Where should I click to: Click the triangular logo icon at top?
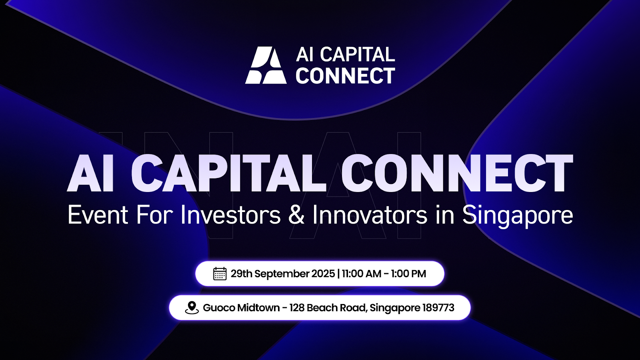pyautogui.click(x=266, y=65)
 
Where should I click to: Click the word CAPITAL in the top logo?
pyautogui.click(x=357, y=54)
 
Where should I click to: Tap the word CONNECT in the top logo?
pyautogui.click(x=345, y=76)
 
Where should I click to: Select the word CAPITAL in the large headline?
pyautogui.click(x=229, y=173)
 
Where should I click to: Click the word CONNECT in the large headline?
pyautogui.click(x=457, y=173)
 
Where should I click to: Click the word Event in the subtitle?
pyautogui.click(x=98, y=215)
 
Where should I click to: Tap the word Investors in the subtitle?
pyautogui.click(x=230, y=215)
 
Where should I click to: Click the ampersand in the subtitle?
pyautogui.click(x=296, y=215)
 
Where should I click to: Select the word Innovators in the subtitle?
pyautogui.click(x=370, y=215)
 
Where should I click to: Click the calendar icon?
pyautogui.click(x=220, y=274)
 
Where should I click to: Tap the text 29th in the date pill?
pyautogui.click(x=241, y=274)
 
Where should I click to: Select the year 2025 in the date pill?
pyautogui.click(x=323, y=274)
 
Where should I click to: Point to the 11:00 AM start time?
pyautogui.click(x=361, y=274)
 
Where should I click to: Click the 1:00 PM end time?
pyautogui.click(x=408, y=274)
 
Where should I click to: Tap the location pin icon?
pyautogui.click(x=192, y=308)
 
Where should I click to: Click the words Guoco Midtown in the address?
pyautogui.click(x=241, y=308)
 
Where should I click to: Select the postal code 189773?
pyautogui.click(x=438, y=308)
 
